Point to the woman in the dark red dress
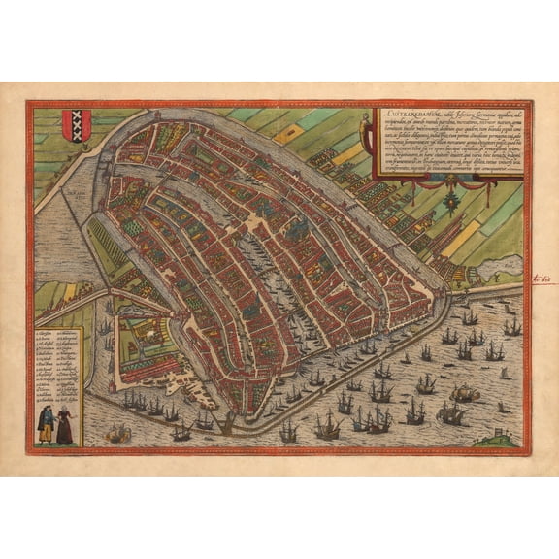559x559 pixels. pyautogui.click(x=63, y=424)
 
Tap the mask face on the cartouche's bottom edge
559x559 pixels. pyautogui.click(x=449, y=179)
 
